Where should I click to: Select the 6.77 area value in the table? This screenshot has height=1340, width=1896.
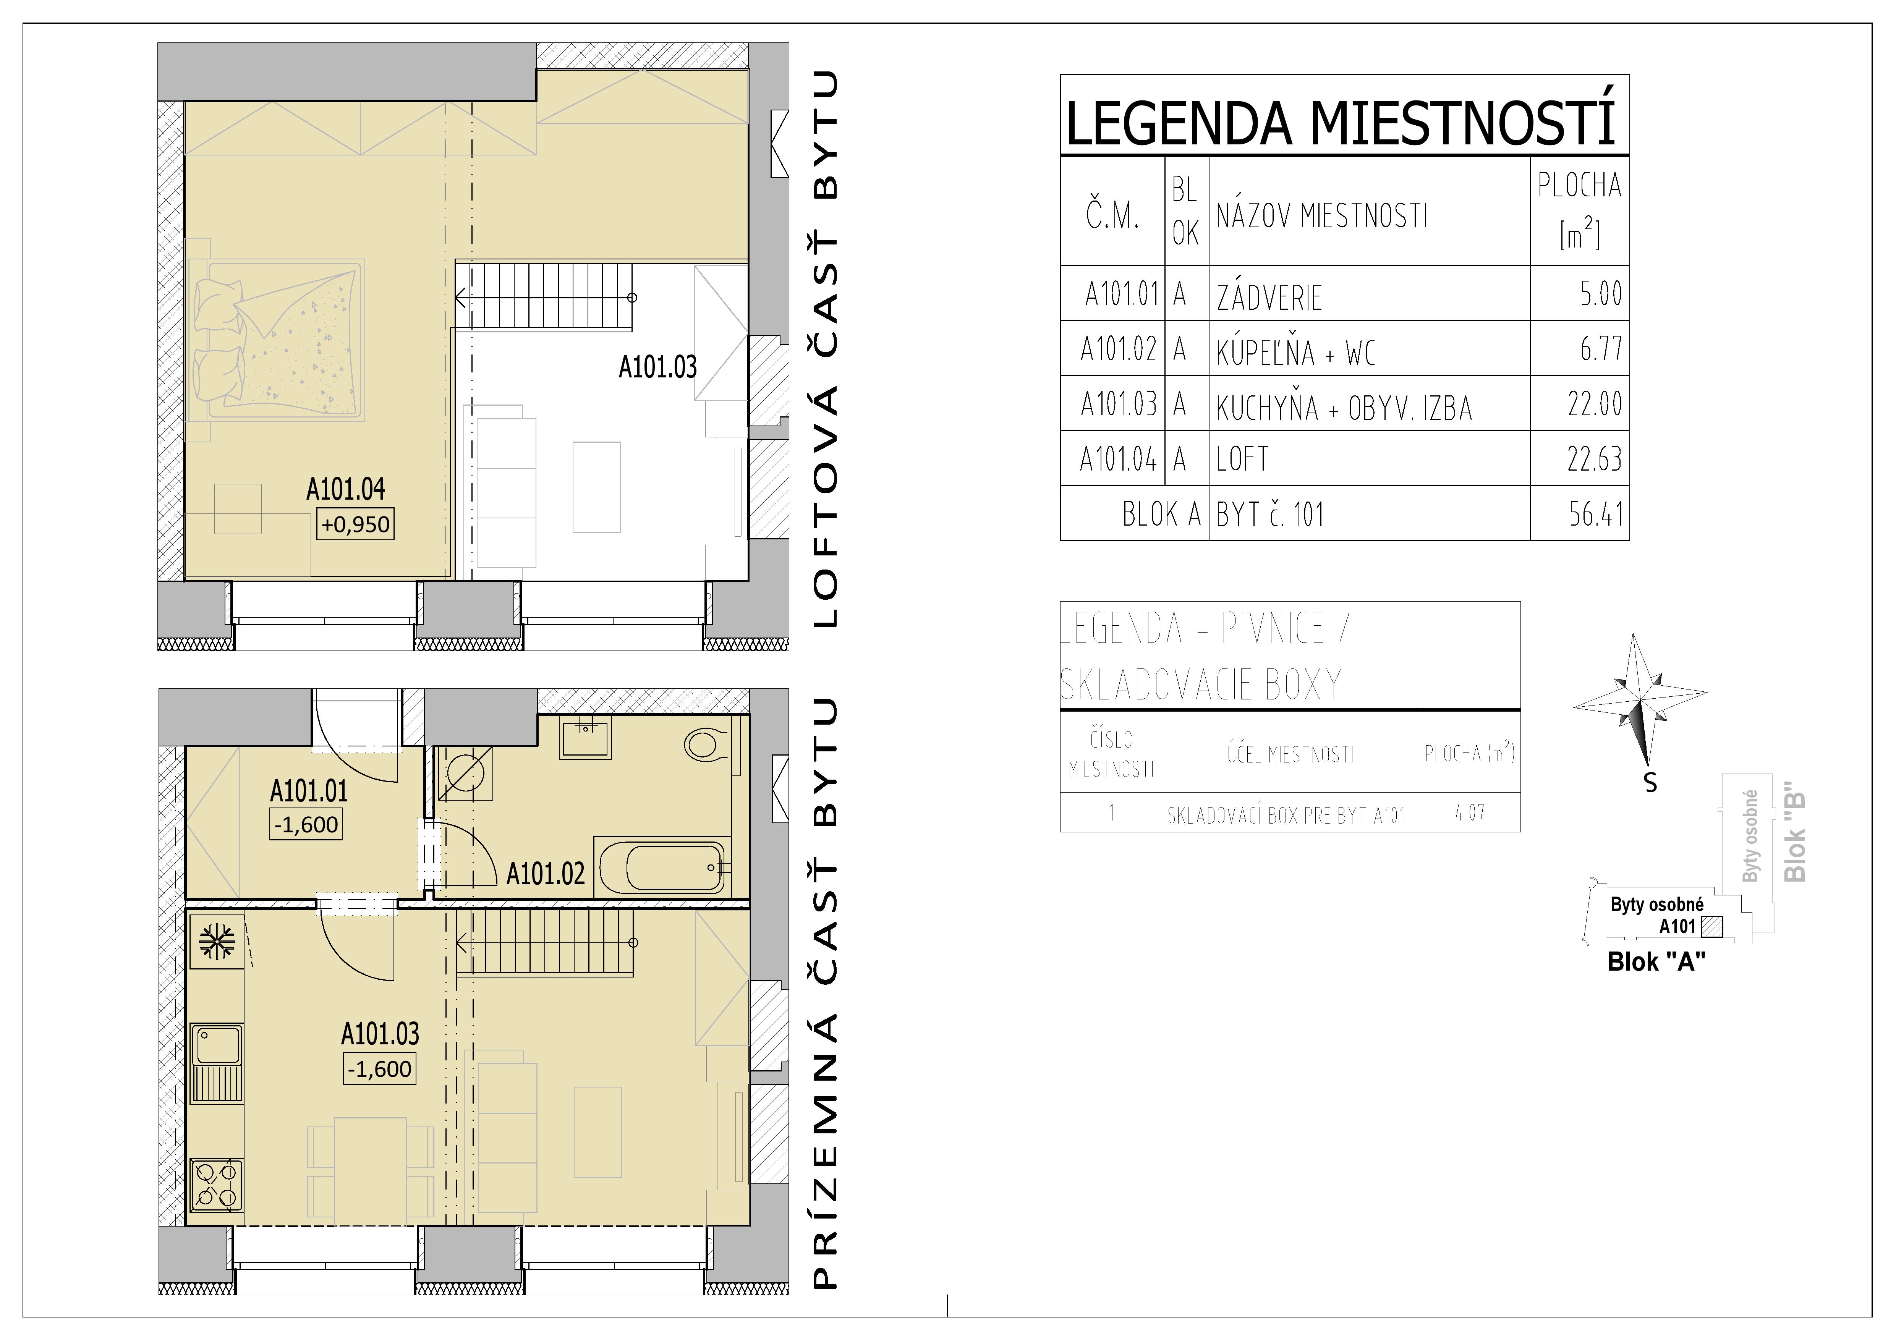[x=1600, y=349]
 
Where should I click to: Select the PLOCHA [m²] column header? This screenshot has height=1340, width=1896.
[x=1579, y=210]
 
